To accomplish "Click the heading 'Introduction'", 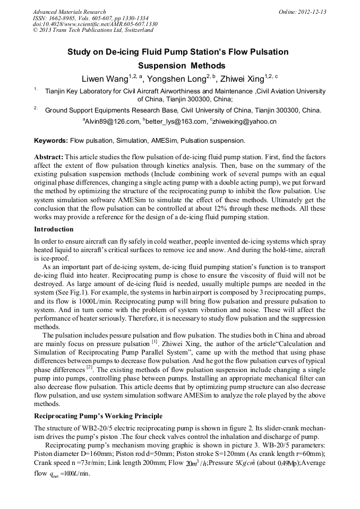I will coord(54,229).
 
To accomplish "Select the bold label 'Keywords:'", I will coord(50,141).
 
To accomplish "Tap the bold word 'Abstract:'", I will coord(49,158).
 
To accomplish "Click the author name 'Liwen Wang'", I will coord(105,79).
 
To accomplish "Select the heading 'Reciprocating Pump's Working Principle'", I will coord(98,416).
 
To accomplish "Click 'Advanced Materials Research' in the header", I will coord(70,12).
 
